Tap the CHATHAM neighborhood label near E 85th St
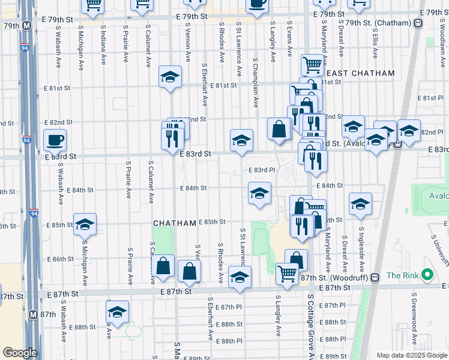(175, 223)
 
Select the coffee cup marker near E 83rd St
(55, 140)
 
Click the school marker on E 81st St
(170, 77)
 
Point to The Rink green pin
(427, 275)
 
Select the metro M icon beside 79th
(26, 26)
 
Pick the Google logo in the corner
(20, 353)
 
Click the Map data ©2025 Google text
(411, 355)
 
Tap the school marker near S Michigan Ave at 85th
(85, 224)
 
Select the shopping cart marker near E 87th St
(288, 273)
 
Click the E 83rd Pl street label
(261, 170)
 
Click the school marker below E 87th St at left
(118, 311)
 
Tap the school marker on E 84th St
(259, 193)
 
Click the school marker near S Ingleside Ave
(360, 205)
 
